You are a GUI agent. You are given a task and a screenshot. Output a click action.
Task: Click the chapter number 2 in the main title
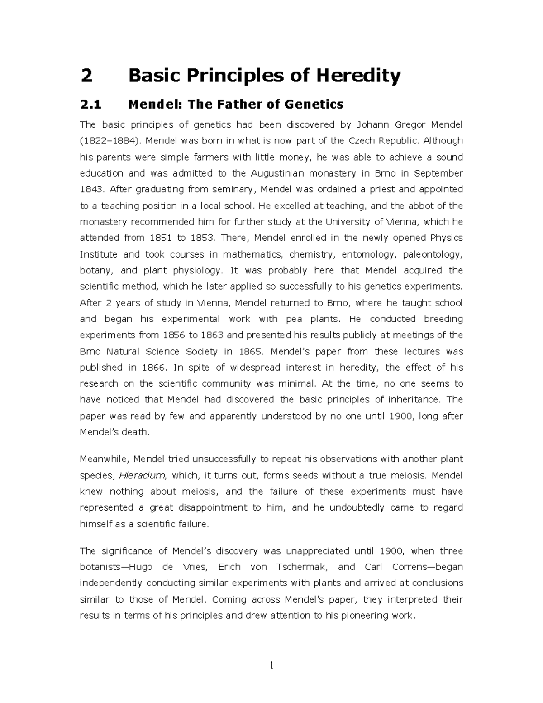point(86,76)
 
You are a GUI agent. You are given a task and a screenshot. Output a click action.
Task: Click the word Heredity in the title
point(358,76)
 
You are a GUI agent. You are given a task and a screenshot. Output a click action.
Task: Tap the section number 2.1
point(91,105)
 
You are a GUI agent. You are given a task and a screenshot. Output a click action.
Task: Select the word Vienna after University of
point(404,222)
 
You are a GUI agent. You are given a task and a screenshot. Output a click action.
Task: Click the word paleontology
point(433,254)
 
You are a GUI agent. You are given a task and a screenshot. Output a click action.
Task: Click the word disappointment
point(213,508)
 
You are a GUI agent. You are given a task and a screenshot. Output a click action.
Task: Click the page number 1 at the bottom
point(271,666)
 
